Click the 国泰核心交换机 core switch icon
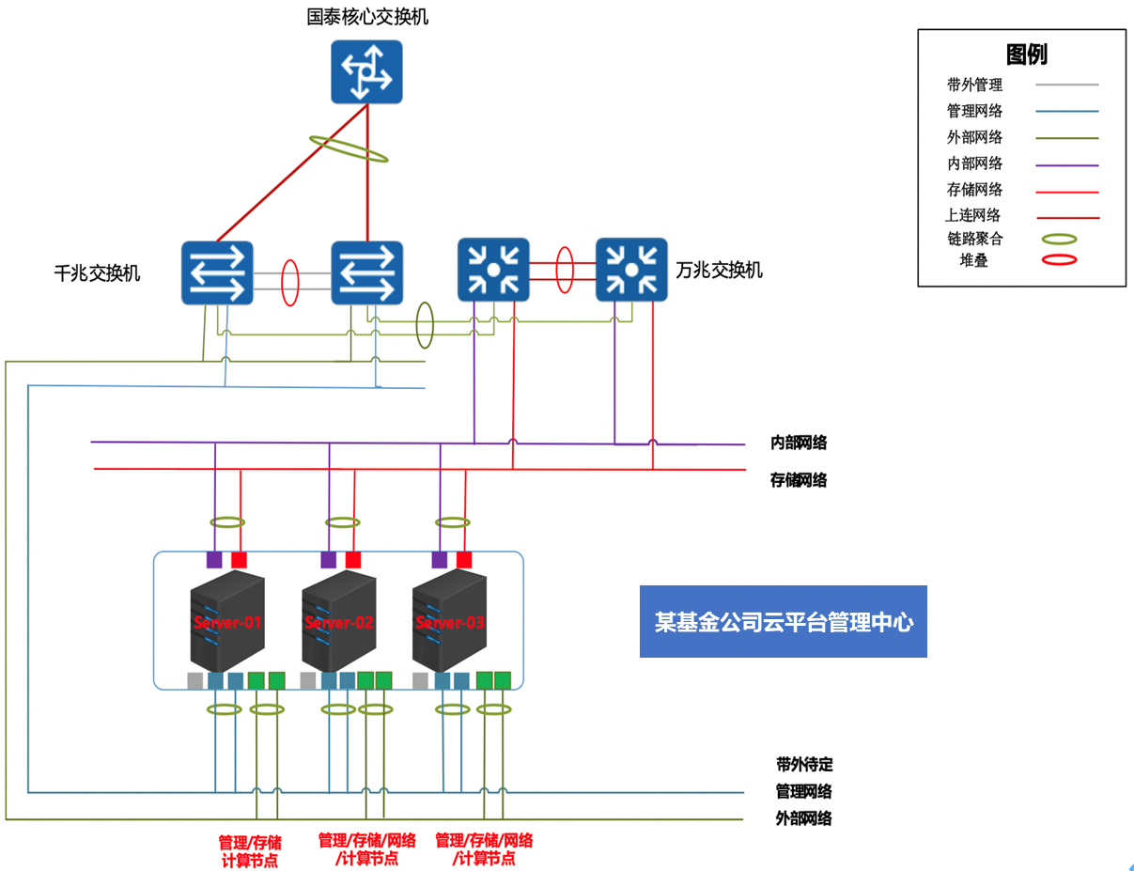tap(366, 71)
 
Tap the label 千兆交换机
tap(98, 273)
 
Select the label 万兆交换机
tap(720, 271)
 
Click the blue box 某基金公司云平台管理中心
tap(783, 622)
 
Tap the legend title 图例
tap(1026, 54)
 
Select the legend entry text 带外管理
tap(974, 85)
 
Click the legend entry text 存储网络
tap(974, 190)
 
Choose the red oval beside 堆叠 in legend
tap(1055, 260)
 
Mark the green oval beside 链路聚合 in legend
tap(1055, 240)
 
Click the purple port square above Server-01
tap(214, 560)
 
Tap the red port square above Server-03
tap(464, 560)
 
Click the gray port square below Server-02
tap(307, 680)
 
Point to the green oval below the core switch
tap(349, 148)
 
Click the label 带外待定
tap(804, 765)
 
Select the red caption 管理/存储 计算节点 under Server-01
tap(250, 851)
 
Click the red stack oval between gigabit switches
tap(290, 282)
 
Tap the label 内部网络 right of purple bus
tap(799, 443)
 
